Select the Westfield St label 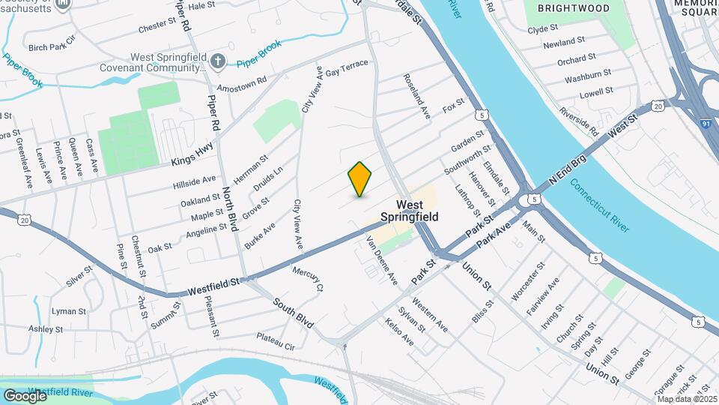pyautogui.click(x=215, y=283)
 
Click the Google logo pyautogui.click(x=25, y=395)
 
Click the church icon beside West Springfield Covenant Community pyautogui.click(x=218, y=61)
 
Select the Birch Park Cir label pyautogui.click(x=52, y=46)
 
